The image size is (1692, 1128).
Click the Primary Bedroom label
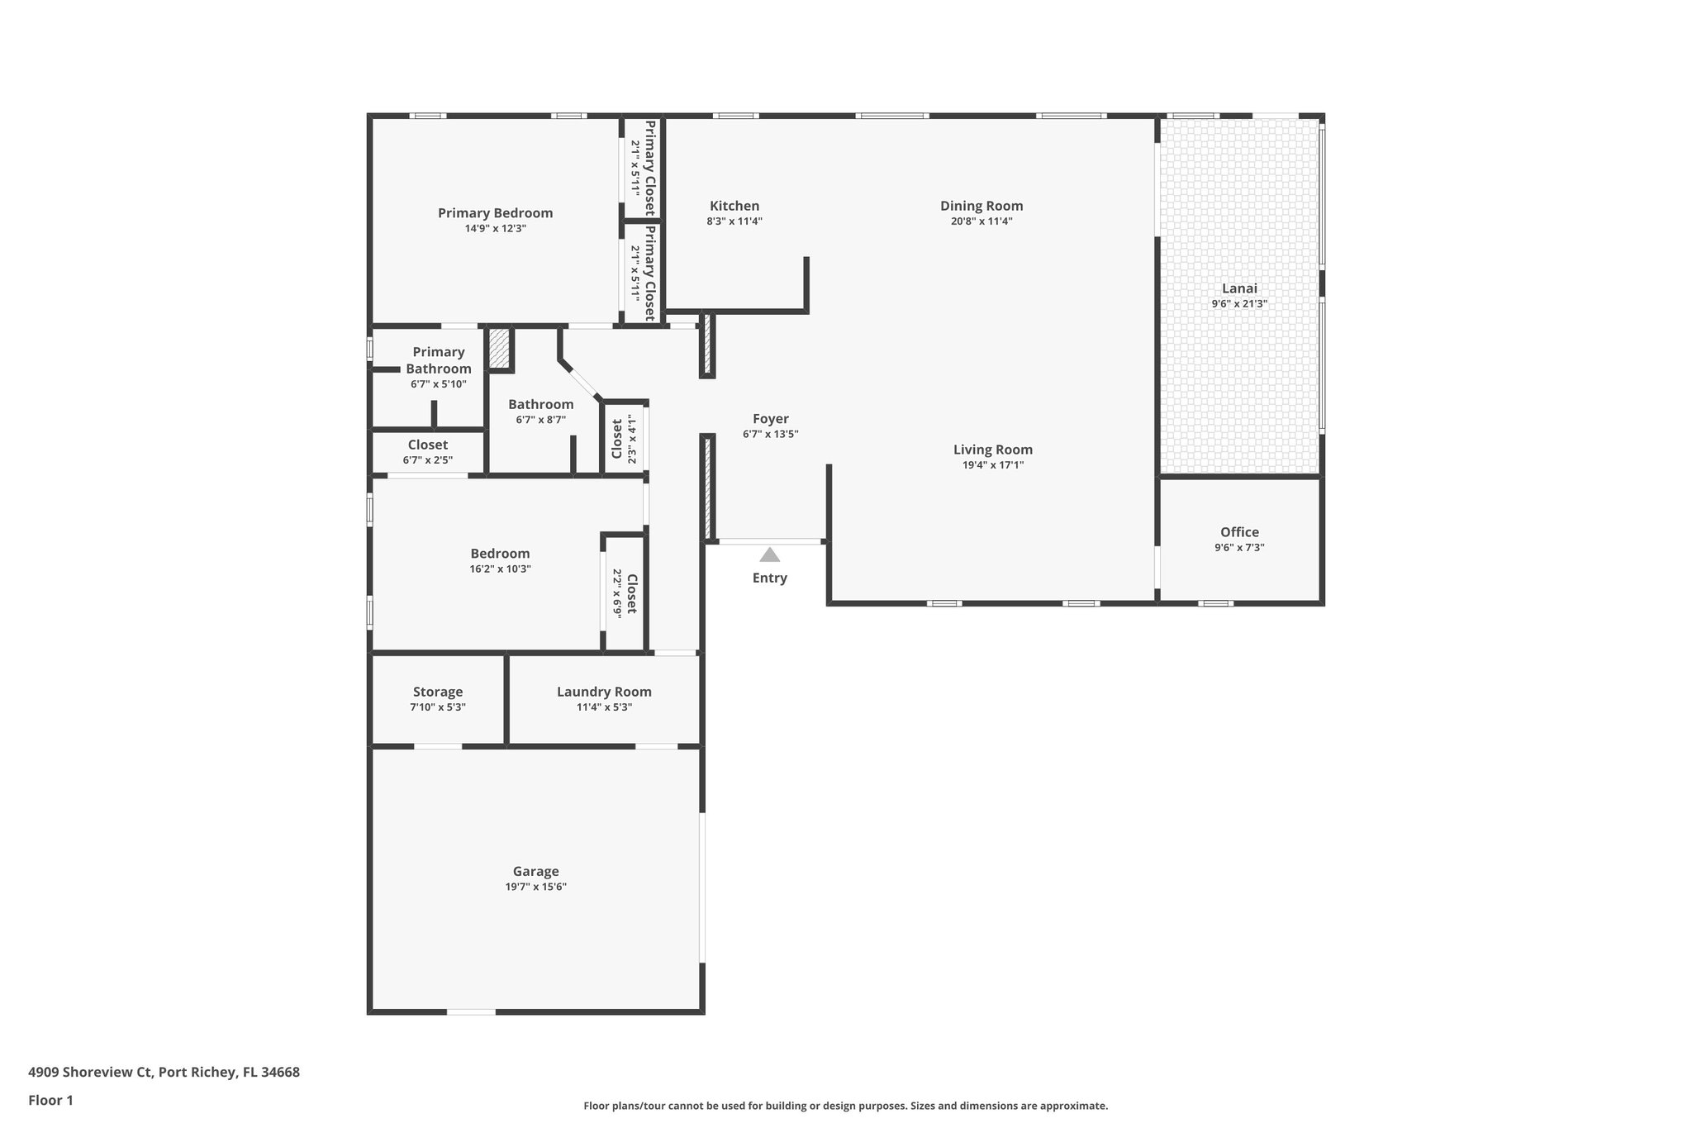495,213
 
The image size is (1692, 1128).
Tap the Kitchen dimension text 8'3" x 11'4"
734,221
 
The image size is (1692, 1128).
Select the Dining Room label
981,206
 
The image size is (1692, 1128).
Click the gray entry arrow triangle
769,554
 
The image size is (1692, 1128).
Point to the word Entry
769,578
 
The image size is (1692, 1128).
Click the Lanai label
1239,288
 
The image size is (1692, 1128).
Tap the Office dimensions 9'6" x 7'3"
1239,548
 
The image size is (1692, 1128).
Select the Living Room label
992,450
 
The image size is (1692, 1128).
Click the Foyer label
770,419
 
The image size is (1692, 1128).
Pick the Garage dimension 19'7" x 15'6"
535,888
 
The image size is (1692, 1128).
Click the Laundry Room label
604,692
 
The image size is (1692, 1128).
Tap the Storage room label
437,692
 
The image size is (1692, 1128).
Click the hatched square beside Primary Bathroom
499,349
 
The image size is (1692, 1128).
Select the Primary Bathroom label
438,360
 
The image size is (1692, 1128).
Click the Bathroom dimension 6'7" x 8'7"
540,420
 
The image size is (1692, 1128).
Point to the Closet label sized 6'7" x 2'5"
427,445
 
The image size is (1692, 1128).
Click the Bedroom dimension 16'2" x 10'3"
500,569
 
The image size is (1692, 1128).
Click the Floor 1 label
50,1101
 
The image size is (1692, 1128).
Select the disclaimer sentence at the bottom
845,1106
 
